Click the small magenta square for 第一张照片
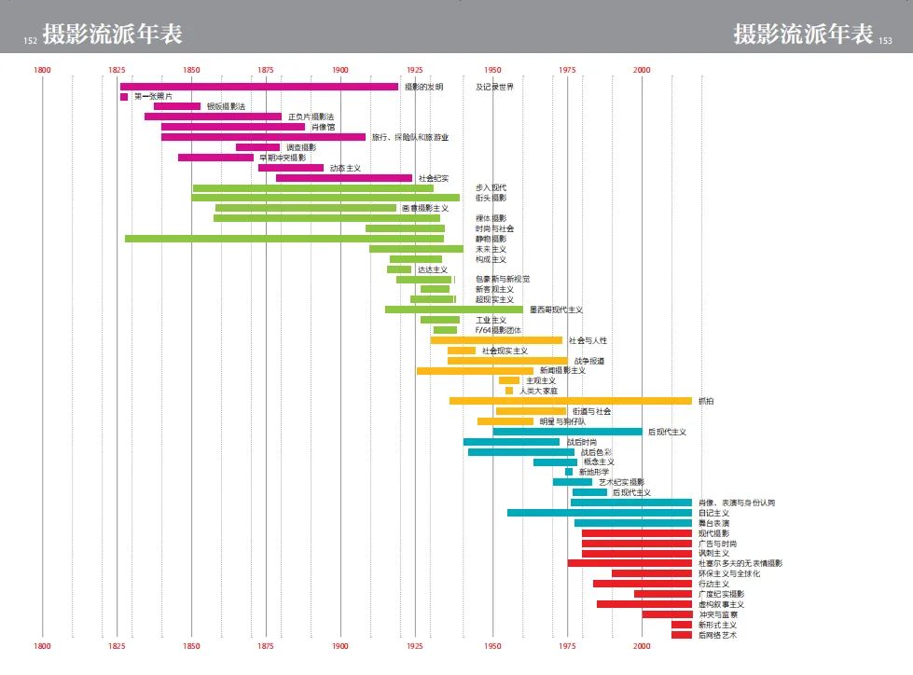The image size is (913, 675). click(x=124, y=97)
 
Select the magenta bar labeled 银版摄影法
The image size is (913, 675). click(x=177, y=106)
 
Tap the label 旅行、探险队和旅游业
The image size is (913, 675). click(x=409, y=137)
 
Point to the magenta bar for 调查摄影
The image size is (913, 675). click(x=257, y=147)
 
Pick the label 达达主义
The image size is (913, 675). click(x=432, y=269)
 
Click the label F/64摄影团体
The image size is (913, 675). click(x=498, y=330)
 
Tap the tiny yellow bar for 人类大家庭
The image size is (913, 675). click(x=509, y=391)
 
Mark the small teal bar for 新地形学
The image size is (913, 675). click(x=569, y=472)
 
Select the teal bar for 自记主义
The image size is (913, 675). click(x=600, y=513)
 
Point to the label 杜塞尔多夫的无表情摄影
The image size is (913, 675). click(x=740, y=563)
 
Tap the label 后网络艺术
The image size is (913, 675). click(x=717, y=635)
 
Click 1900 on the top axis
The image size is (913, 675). click(x=339, y=71)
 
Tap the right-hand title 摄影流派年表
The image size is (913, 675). click(x=803, y=35)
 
